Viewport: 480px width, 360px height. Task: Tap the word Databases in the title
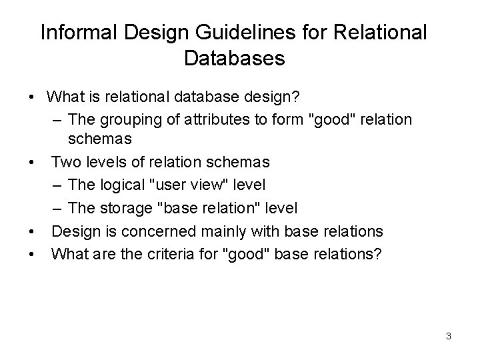coord(233,59)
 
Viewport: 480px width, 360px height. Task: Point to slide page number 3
coord(449,336)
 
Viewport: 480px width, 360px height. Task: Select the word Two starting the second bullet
coord(65,161)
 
